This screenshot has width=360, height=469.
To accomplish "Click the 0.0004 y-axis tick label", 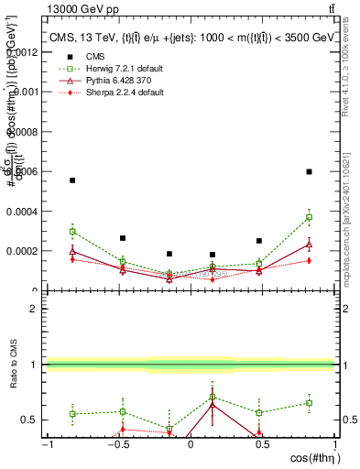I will tap(26, 211).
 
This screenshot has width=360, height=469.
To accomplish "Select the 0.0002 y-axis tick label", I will tap(26, 250).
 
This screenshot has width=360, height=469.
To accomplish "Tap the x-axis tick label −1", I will tap(46, 444).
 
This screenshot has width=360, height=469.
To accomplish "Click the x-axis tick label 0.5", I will tap(262, 444).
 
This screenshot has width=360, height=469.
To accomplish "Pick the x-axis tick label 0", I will tap(190, 444).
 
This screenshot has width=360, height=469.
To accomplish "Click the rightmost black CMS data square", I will tap(310, 171).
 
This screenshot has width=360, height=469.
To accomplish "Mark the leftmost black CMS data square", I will tap(72, 180).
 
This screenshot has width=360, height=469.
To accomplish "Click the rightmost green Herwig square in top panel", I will tap(310, 217).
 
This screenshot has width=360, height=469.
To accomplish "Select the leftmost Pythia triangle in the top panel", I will tap(72, 250).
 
